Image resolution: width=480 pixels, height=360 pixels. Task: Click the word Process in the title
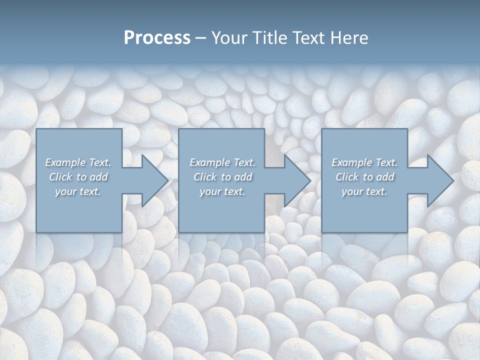coord(157,38)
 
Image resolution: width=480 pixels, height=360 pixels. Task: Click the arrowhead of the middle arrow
coord(296,180)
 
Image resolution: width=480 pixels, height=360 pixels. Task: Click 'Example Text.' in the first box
coord(78,162)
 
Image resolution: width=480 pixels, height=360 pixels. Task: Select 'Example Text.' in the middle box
coord(222,162)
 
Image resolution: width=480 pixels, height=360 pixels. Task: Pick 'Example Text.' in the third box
coord(364,162)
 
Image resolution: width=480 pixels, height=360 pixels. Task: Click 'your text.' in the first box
coord(78,191)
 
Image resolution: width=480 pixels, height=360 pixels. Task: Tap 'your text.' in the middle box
coord(222,191)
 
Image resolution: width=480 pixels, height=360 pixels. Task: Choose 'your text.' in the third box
coord(364,191)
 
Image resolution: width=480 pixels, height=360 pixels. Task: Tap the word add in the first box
coord(98,177)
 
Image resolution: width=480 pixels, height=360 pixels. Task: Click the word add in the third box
coord(385,177)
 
